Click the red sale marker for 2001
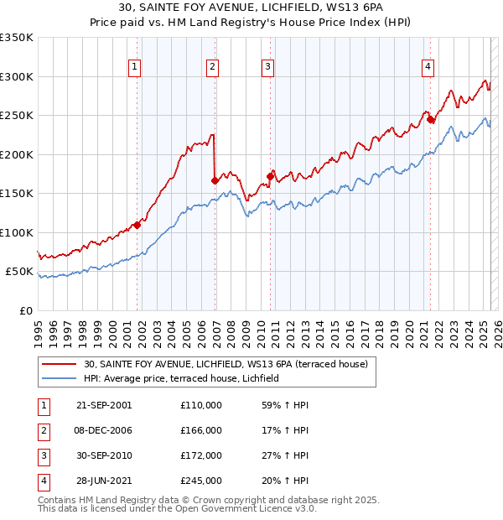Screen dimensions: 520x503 137,225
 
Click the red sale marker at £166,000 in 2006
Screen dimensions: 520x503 215,180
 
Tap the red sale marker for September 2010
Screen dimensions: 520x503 271,176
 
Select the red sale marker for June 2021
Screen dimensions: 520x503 431,119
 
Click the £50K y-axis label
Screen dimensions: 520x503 18,272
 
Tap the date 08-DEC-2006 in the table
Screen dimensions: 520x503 104,429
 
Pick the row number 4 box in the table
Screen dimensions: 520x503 43,481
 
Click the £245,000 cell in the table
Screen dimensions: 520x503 201,481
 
